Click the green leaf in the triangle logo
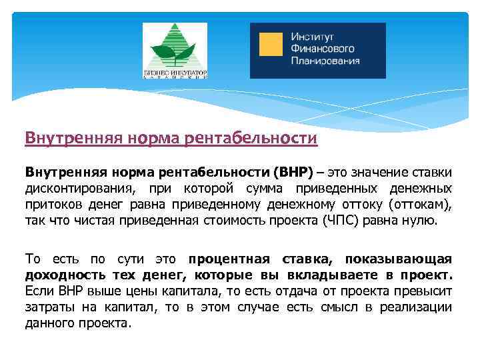pyautogui.click(x=175, y=49)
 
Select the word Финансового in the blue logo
pyautogui.click(x=322, y=49)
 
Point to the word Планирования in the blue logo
pyautogui.click(x=325, y=61)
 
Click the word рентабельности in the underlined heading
pyautogui.click(x=265, y=139)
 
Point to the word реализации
pyautogui.click(x=415, y=307)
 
